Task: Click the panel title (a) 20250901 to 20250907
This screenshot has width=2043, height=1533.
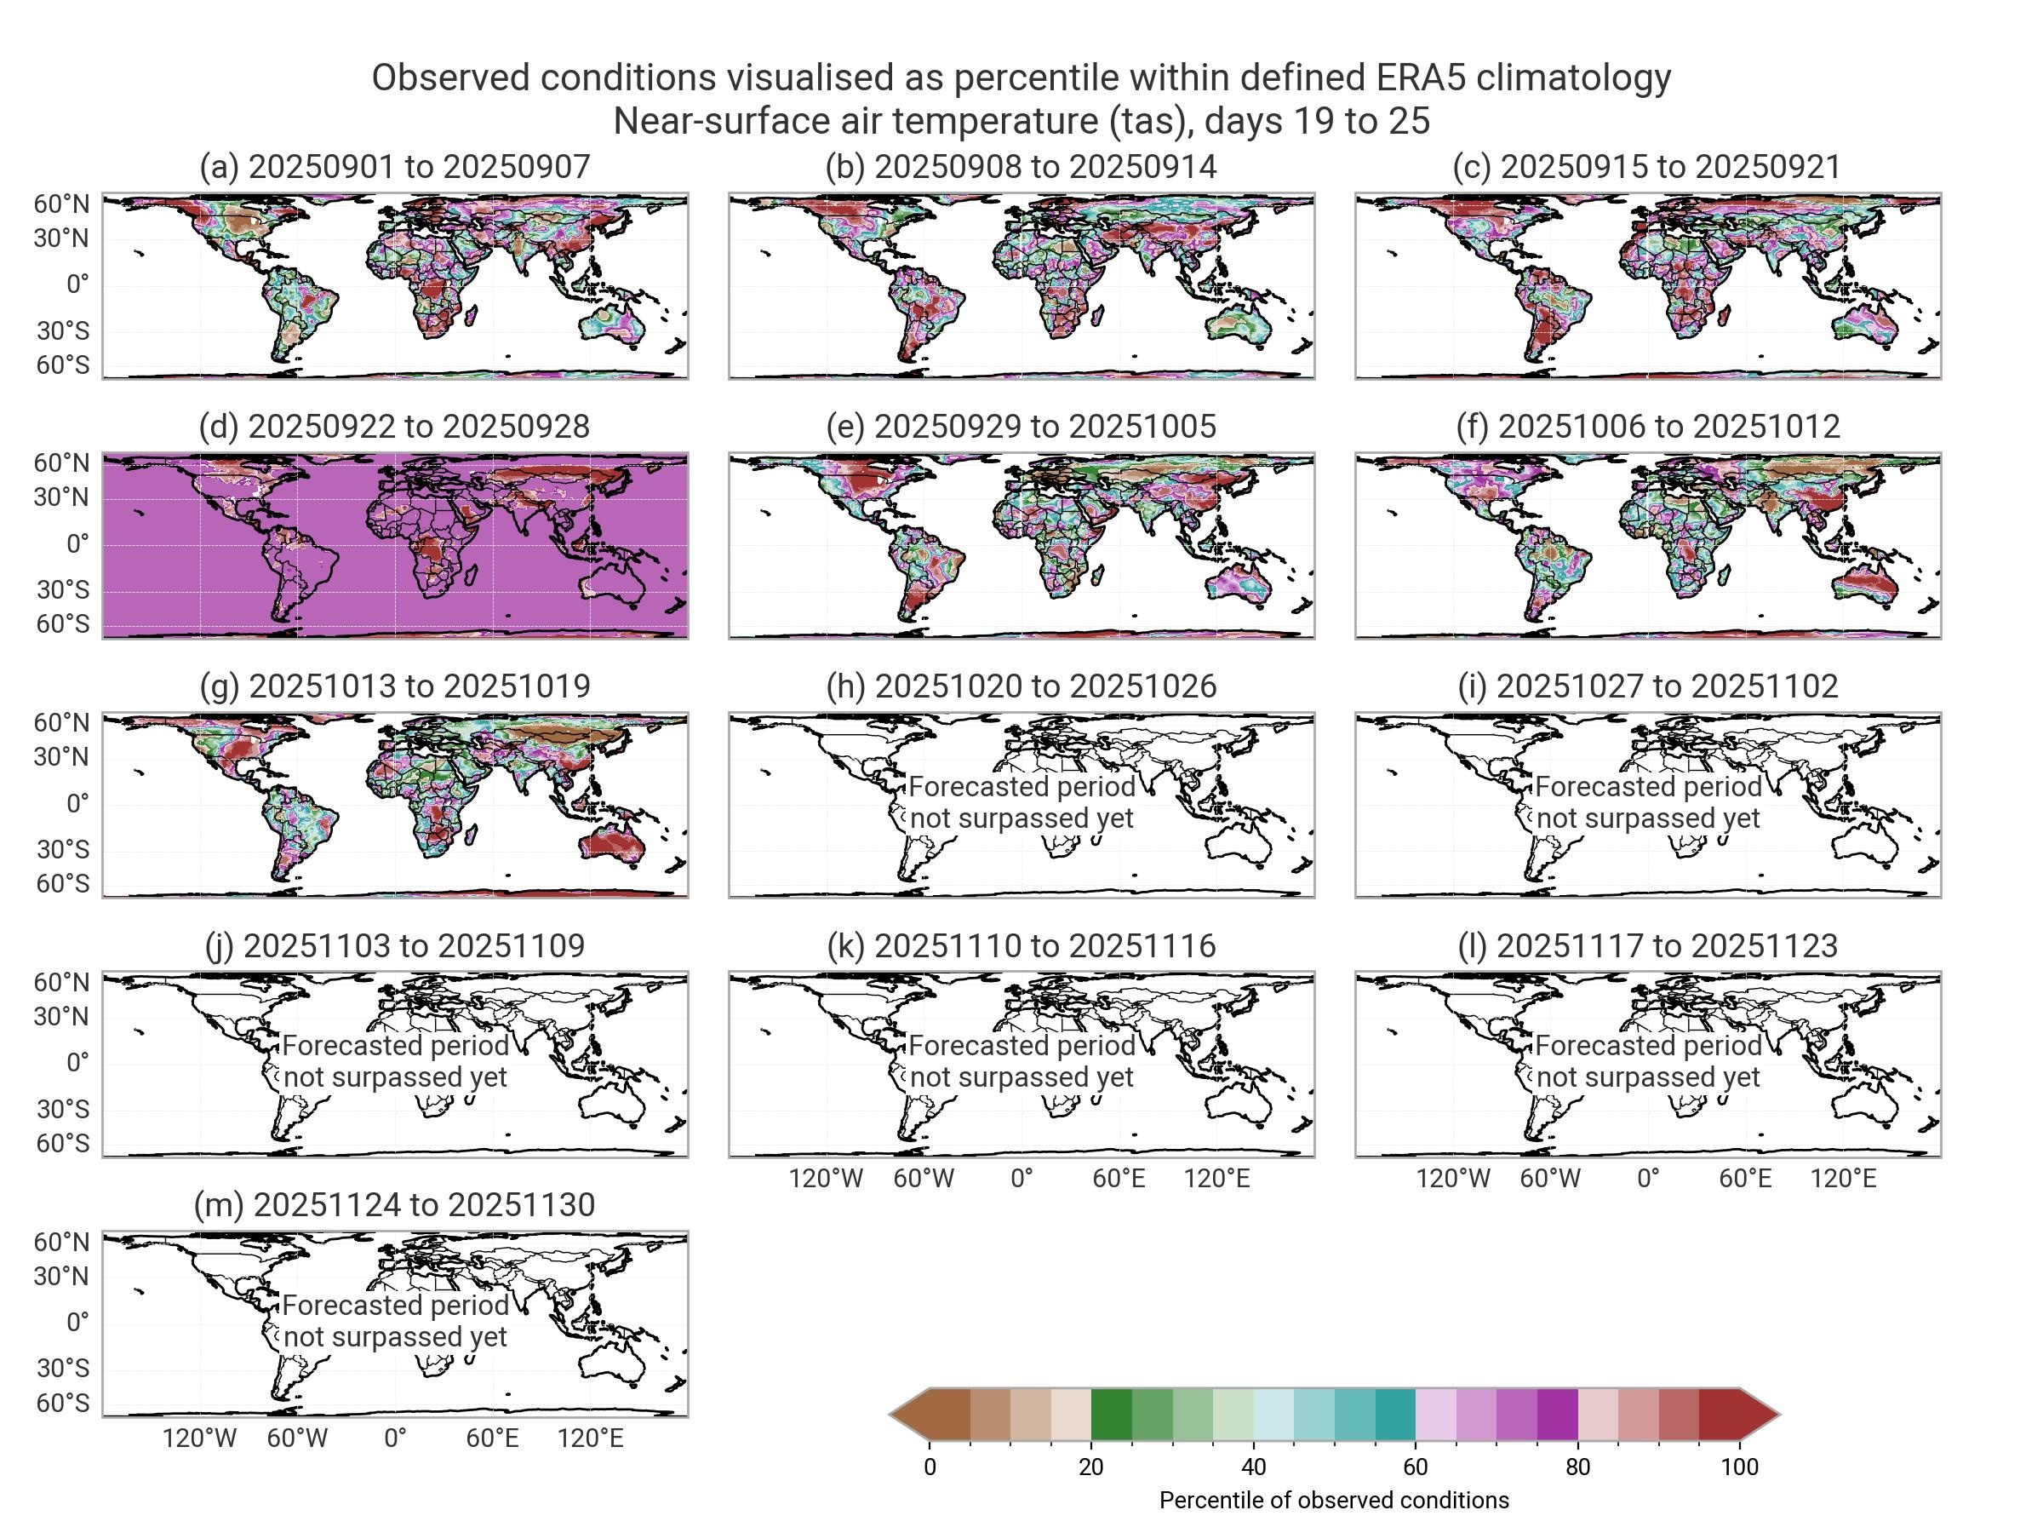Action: coord(394,166)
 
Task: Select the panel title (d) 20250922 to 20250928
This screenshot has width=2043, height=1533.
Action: coord(394,426)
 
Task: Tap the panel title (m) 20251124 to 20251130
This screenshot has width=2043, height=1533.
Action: coord(394,1205)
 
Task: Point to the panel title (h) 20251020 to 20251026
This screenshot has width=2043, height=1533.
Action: coord(1021,686)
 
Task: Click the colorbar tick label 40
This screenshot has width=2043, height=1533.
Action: coord(1253,1467)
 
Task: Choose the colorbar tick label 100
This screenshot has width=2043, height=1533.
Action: coord(1739,1467)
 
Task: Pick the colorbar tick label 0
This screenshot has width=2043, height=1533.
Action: coord(930,1467)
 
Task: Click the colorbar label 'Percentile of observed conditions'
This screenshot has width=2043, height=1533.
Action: coord(1334,1500)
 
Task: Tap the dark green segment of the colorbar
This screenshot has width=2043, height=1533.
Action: coord(1111,1414)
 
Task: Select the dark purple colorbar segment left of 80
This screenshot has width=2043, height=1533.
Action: coord(1557,1414)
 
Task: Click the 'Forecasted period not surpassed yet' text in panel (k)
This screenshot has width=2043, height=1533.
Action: coord(1021,1061)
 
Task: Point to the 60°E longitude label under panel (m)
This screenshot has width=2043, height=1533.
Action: coord(492,1438)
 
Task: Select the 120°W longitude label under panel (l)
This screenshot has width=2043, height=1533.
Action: coord(1453,1178)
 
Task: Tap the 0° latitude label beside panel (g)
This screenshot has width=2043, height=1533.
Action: coord(77,803)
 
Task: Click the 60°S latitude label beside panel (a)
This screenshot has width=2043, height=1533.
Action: coord(63,365)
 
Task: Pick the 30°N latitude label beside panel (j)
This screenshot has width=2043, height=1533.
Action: coord(63,1016)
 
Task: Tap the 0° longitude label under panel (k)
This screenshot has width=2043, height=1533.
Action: coord(1021,1178)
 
